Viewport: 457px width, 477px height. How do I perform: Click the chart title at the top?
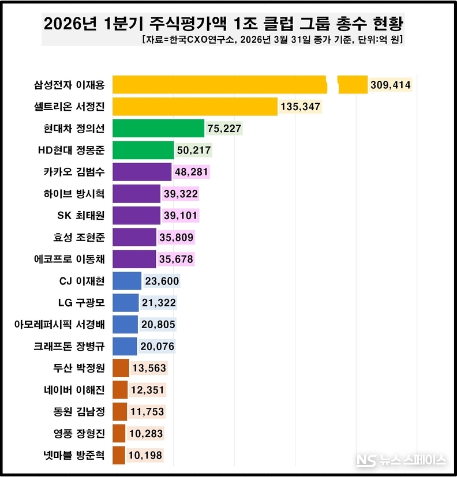pos(224,24)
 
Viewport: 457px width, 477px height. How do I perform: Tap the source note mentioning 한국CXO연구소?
pos(272,40)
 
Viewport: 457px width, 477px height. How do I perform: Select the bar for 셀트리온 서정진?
pos(194,107)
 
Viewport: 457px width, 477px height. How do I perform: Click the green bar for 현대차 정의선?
pos(158,128)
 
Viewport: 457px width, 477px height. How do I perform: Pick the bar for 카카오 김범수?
pos(142,172)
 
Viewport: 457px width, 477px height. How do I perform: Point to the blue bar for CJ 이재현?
pos(126,281)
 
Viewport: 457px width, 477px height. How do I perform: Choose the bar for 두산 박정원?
pos(120,368)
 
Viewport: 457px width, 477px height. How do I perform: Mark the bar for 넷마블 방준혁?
pos(118,455)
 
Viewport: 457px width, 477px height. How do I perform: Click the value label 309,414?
pos(391,85)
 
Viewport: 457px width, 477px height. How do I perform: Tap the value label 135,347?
pos(300,107)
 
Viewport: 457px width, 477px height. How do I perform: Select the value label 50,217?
pos(193,151)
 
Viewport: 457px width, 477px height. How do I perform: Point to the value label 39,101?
pos(181,216)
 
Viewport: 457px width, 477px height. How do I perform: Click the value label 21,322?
pos(159,303)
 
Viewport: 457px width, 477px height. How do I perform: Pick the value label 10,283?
pos(145,433)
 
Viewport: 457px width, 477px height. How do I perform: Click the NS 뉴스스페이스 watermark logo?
pos(401,460)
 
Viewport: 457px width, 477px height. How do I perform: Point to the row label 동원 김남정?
pos(78,411)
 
